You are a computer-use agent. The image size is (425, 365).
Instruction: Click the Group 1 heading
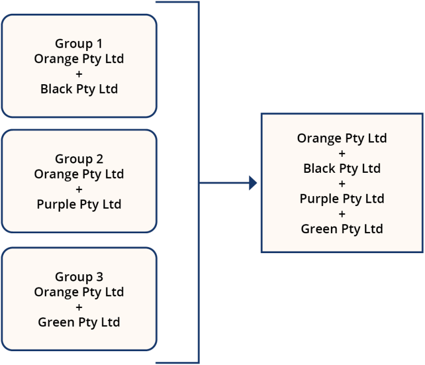pos(79,44)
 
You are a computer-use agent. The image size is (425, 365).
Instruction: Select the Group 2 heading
pos(79,160)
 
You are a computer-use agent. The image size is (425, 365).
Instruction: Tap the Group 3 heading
pos(79,277)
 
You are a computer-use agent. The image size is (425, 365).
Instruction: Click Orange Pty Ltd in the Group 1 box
pos(79,59)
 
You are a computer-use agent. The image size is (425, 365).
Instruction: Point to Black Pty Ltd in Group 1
pos(79,89)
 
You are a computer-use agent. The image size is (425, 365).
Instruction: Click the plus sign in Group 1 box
pos(79,74)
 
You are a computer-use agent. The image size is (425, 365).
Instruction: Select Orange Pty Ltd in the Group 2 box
pos(79,174)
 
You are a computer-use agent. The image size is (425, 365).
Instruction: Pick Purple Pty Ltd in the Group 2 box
pos(79,204)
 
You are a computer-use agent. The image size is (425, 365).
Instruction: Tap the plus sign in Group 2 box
pos(79,189)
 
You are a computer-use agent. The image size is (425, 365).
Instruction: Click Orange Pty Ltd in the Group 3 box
pos(79,292)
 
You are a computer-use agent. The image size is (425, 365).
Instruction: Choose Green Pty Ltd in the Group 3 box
pos(79,322)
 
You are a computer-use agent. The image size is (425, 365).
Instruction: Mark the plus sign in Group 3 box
pos(79,307)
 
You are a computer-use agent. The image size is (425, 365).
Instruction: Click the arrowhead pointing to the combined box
pos(253,183)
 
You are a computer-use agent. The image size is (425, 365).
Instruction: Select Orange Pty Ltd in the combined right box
pos(341,138)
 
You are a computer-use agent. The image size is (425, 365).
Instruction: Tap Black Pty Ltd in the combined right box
pos(341,168)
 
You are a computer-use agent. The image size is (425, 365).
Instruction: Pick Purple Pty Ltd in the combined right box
pos(341,198)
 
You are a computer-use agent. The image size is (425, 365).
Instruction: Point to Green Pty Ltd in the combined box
pos(341,229)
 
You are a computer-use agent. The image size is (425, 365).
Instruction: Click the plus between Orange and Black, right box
pos(341,153)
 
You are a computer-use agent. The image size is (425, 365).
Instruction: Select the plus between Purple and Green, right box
pos(341,214)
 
